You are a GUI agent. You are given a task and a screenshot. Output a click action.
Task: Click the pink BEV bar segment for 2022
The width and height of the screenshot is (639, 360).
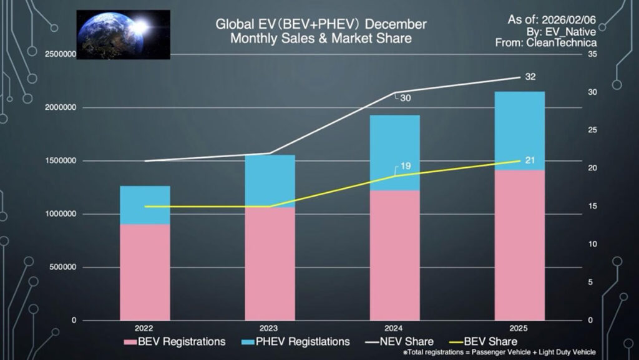[145, 272]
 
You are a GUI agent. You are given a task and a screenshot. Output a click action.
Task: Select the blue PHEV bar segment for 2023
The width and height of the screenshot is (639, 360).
[270, 181]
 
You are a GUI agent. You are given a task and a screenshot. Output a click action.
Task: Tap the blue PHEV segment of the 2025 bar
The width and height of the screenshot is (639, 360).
[519, 130]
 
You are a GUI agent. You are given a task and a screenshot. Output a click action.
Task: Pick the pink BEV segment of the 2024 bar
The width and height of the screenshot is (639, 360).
[394, 255]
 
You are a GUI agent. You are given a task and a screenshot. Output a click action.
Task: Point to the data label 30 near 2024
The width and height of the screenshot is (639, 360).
[406, 98]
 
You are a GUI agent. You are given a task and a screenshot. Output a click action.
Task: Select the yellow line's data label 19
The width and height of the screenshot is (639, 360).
[405, 167]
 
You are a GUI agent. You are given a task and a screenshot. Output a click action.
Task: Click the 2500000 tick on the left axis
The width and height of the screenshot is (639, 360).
[61, 55]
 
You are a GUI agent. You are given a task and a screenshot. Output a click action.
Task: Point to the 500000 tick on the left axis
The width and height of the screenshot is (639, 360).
[64, 268]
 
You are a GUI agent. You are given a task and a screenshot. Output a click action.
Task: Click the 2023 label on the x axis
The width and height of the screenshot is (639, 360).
[269, 328]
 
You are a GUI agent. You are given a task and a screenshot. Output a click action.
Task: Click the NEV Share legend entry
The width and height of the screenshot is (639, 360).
[406, 341]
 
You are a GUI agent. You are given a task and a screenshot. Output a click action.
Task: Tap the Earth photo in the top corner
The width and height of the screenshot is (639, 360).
[123, 34]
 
